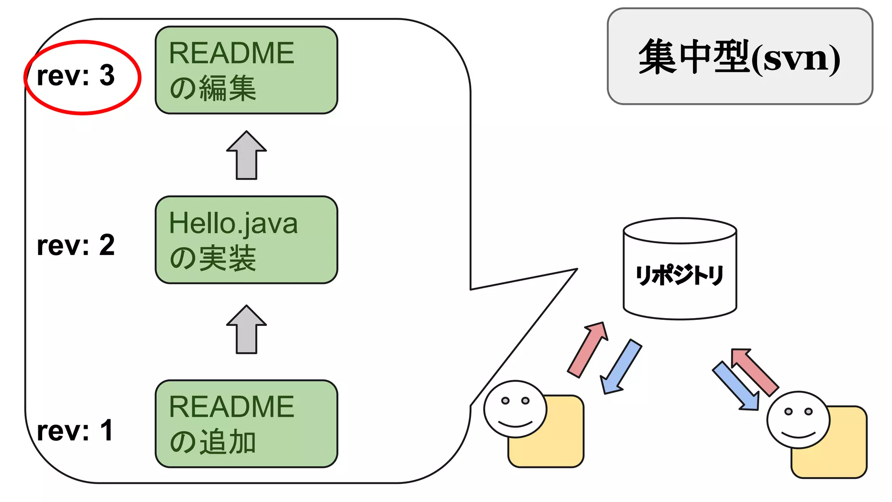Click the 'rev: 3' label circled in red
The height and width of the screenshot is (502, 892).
point(76,76)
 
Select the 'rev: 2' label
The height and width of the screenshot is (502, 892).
point(76,245)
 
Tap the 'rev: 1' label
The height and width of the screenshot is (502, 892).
point(75,431)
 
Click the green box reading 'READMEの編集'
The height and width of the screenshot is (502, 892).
point(246,70)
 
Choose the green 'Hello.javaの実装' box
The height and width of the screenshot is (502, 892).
point(246,240)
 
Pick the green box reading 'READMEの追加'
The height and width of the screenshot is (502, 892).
point(246,424)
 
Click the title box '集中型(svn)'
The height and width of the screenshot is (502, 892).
point(740,57)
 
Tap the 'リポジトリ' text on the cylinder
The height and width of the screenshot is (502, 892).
point(679,275)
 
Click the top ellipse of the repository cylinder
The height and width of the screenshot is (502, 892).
point(679,230)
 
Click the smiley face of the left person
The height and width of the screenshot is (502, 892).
point(515,409)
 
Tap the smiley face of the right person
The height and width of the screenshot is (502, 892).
point(798,420)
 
